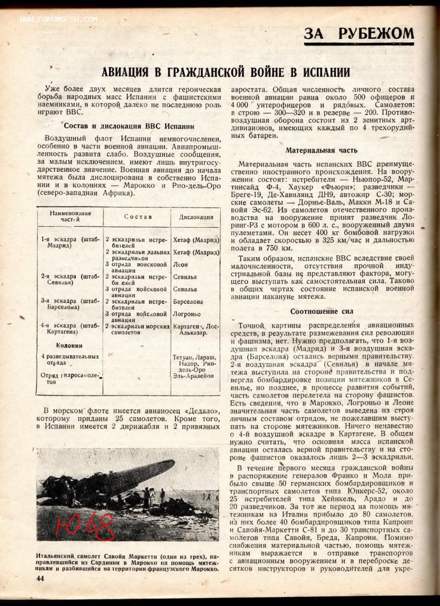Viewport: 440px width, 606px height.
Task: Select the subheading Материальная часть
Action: pos(321,150)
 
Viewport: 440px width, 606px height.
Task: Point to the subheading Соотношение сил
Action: pos(321,311)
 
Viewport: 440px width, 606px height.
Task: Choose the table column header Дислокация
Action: pos(196,217)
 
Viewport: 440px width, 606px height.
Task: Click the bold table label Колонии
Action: pos(69,345)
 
